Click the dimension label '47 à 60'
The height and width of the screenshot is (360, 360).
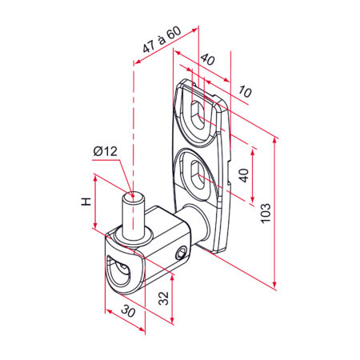coord(162,39)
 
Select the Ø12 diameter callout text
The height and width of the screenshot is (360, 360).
coord(106,151)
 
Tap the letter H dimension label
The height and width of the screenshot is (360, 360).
coord(86,202)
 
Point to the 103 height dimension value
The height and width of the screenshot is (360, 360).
coord(266,213)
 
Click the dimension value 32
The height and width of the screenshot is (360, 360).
coord(163,298)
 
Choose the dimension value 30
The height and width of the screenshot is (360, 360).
coord(129,311)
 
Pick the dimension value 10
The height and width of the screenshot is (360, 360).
coord(245,91)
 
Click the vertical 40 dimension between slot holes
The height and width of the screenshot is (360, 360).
coord(244,175)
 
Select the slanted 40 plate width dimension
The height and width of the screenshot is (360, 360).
coord(208,59)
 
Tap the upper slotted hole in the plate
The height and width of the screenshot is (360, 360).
coord(198,115)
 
